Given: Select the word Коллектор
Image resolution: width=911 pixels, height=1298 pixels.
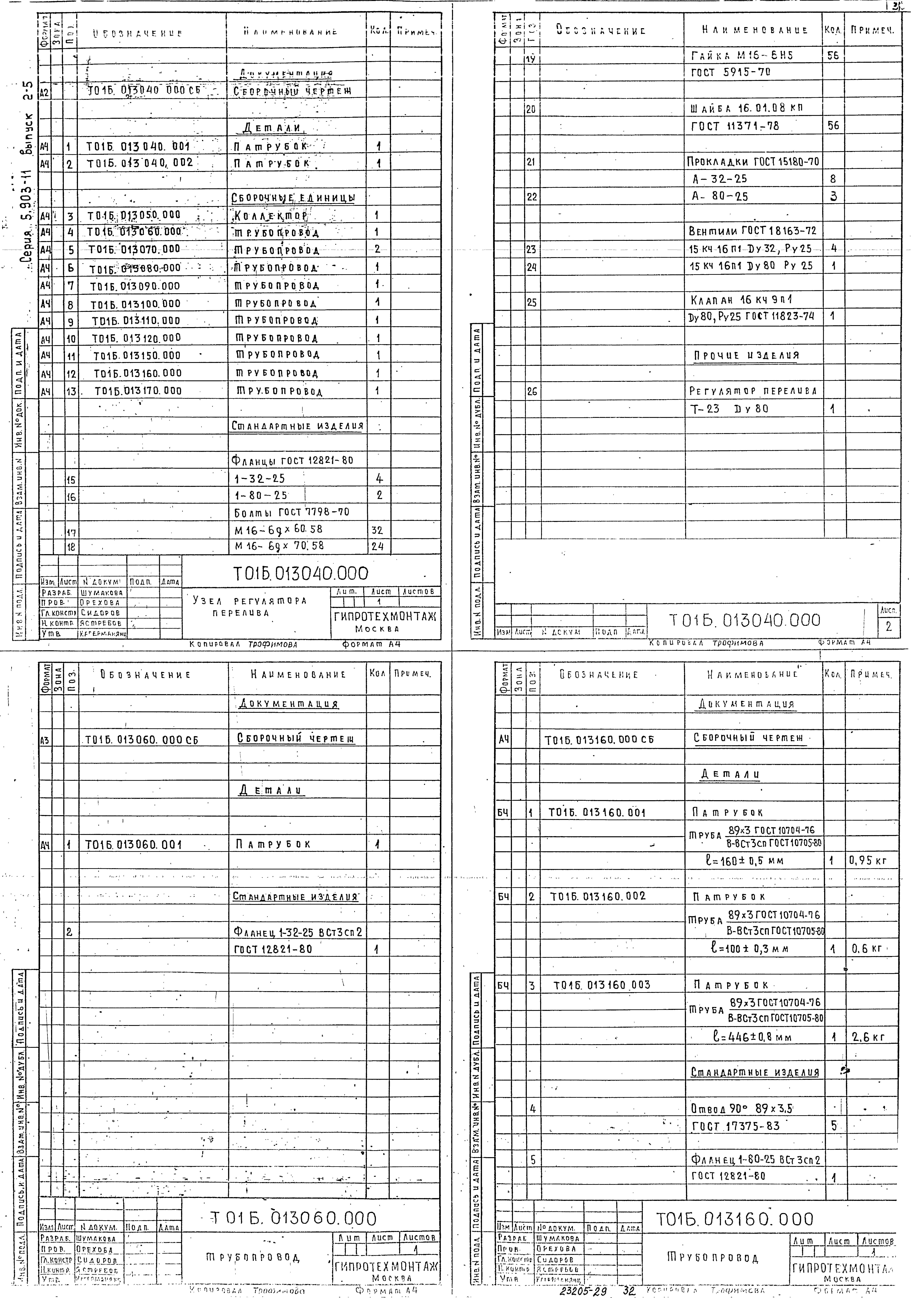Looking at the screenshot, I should pyautogui.click(x=271, y=216).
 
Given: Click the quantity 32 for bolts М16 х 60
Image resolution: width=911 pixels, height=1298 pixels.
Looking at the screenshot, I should pyautogui.click(x=377, y=530).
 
